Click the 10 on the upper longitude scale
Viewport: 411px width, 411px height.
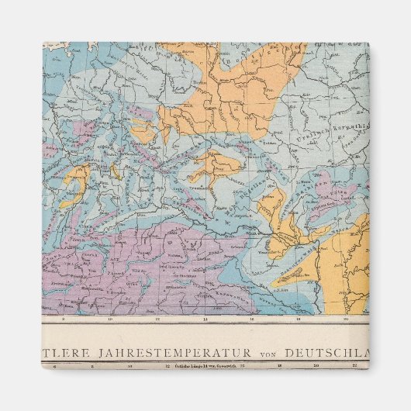(109, 319)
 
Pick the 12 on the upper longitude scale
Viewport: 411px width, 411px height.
(157, 319)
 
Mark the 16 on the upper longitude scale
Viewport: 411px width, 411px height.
(252, 319)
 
